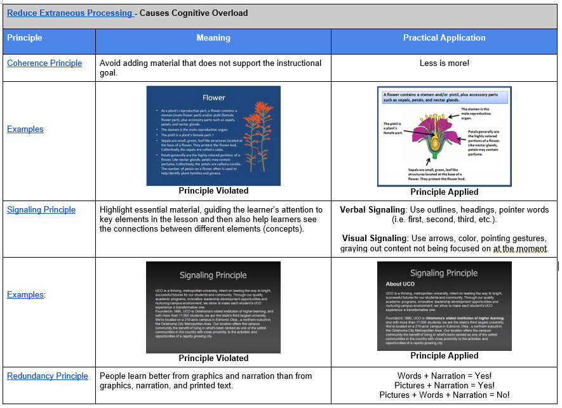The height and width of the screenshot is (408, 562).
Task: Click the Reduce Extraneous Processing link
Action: point(69,13)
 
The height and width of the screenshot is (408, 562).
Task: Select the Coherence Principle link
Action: point(44,63)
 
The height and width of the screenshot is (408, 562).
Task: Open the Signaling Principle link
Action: point(41,210)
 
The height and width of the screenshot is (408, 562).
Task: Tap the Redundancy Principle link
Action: point(48,376)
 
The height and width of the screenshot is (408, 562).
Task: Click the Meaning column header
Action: point(213,38)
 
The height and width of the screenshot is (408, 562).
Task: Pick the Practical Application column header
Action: point(444,38)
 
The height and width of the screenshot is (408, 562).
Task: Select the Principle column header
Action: point(25,38)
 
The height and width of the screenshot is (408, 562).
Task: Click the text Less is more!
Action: point(444,63)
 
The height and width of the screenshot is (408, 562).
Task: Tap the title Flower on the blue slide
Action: point(213,98)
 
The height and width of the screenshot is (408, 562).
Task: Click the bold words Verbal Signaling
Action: point(372,210)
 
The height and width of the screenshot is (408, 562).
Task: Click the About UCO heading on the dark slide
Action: point(400,284)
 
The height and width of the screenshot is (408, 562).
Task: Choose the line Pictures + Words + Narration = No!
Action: point(444,395)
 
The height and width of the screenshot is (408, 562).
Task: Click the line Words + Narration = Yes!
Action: point(444,376)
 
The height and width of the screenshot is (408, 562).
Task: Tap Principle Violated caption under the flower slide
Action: point(213,191)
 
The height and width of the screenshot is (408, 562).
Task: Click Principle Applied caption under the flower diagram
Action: point(444,192)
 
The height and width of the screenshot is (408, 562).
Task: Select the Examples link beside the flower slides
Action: point(25,129)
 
